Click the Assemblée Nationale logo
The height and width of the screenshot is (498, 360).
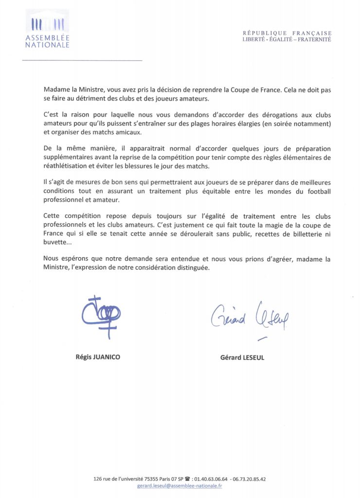click(x=47, y=30)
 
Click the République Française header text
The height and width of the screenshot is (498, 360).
click(x=287, y=33)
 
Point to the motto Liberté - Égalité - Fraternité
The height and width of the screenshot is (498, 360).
click(x=287, y=39)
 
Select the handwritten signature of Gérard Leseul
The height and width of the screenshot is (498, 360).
click(x=248, y=318)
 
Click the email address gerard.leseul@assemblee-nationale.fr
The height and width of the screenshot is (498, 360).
click(x=180, y=485)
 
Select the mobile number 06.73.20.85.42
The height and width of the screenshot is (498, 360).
click(x=250, y=479)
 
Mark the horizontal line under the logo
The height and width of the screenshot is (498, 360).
click(x=82, y=60)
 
